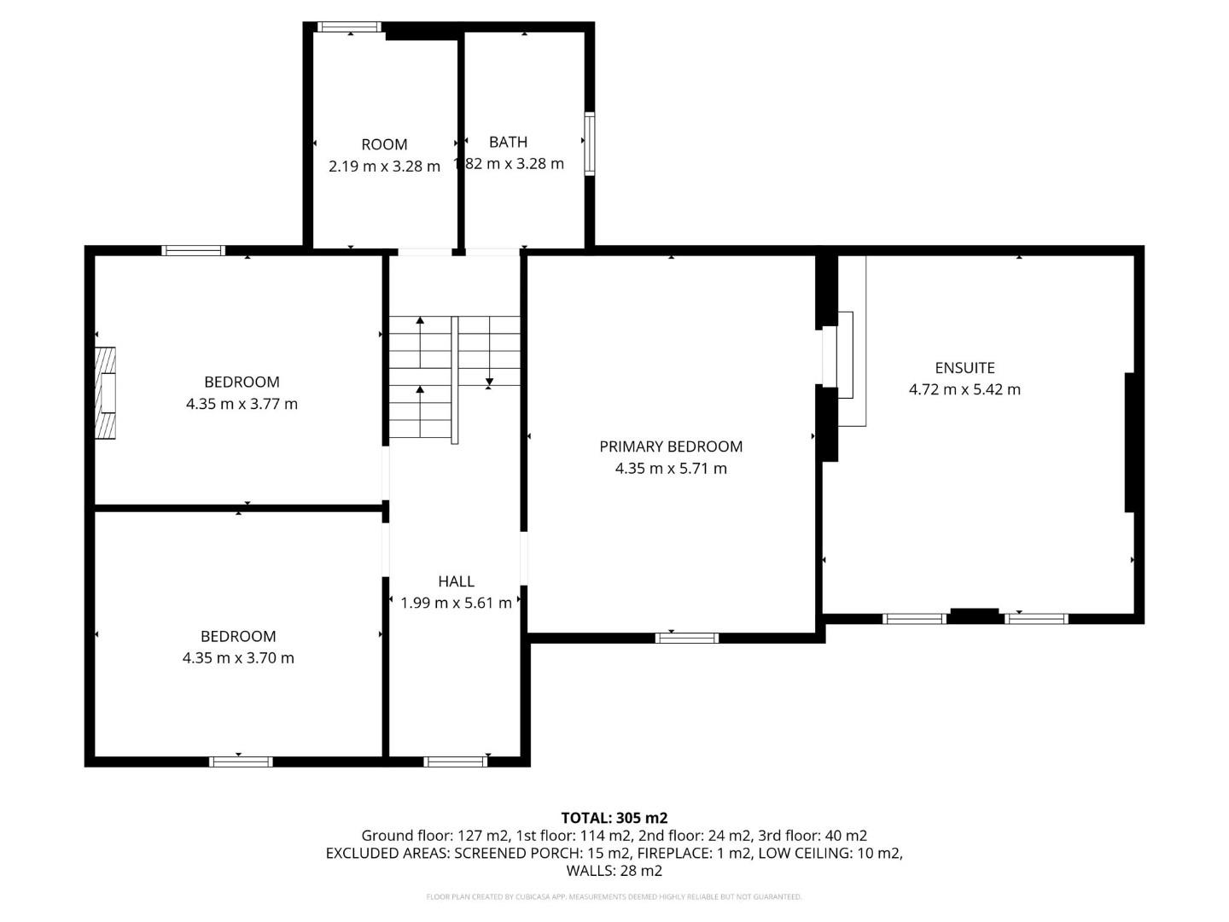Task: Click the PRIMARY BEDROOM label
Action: (671, 446)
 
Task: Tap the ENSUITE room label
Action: (964, 368)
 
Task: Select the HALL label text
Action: (456, 581)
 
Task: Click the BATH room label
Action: (508, 142)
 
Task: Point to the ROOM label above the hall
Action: (384, 144)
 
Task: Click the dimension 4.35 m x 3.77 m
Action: (242, 404)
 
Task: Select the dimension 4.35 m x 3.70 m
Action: (238, 658)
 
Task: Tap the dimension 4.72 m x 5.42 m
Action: (964, 389)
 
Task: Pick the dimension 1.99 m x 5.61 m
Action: (456, 603)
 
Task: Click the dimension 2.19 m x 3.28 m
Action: (384, 166)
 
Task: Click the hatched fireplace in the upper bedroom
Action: (105, 394)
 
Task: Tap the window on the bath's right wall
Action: (589, 143)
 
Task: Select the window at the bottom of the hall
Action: (456, 762)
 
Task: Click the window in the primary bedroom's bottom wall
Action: (687, 638)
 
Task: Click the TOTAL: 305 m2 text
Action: (614, 818)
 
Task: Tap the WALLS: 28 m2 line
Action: (614, 871)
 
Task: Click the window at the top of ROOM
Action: (349, 26)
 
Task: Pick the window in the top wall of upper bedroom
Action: (194, 250)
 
